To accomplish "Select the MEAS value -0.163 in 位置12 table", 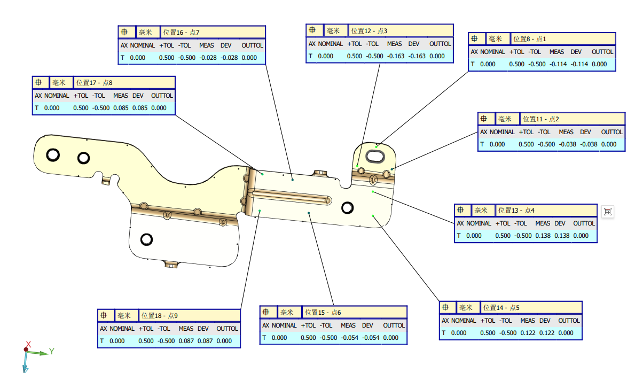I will pyautogui.click(x=395, y=56).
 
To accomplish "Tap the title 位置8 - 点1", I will pyautogui.click(x=530, y=39).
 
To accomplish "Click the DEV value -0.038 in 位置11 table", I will pyautogui.click(x=585, y=144).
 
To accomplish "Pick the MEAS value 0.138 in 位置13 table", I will pyautogui.click(x=543, y=236).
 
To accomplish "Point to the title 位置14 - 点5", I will pyautogui.click(x=501, y=308).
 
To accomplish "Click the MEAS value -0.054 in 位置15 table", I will pyautogui.click(x=348, y=338).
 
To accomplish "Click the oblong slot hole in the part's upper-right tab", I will pyautogui.click(x=375, y=157).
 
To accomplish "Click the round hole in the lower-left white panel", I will pyautogui.click(x=146, y=239).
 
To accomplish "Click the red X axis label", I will pyautogui.click(x=29, y=344).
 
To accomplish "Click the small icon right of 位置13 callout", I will pyautogui.click(x=607, y=212).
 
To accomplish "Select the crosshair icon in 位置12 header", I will pyautogui.click(x=312, y=31).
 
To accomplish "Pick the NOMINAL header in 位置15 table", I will pyautogui.click(x=284, y=325).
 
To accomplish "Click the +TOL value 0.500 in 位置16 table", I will pyautogui.click(x=167, y=58).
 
